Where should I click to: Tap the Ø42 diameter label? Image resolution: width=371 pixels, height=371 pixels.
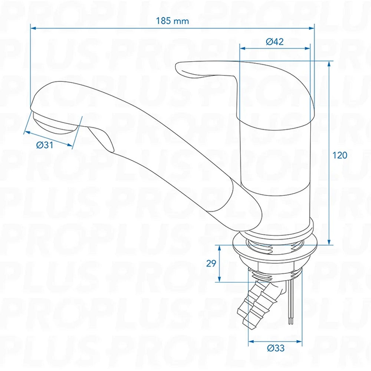pyautogui.click(x=275, y=42)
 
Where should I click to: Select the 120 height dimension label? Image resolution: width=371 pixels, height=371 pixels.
pyautogui.click(x=340, y=155)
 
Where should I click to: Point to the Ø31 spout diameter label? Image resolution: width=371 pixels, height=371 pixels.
pyautogui.click(x=45, y=145)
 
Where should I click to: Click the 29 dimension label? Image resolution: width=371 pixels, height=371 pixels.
pyautogui.click(x=211, y=263)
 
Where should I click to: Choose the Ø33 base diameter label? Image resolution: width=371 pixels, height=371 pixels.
pyautogui.click(x=276, y=348)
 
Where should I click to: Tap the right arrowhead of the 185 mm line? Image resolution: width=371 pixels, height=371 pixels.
pyautogui.click(x=312, y=28)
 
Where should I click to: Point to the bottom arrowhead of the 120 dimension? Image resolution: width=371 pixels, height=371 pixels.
pyautogui.click(x=329, y=242)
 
